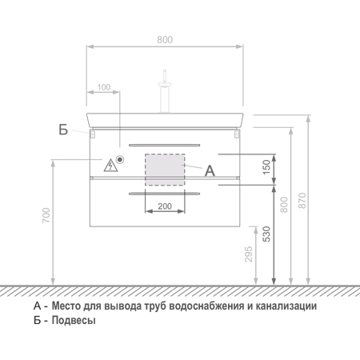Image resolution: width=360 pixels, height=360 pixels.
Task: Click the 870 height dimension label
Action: pyautogui.click(x=302, y=200)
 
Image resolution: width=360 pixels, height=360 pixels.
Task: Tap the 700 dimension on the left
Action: pyautogui.click(x=46, y=215)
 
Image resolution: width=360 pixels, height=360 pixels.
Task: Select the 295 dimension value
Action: pyautogui.click(x=249, y=254)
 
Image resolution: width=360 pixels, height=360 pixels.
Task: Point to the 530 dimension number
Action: pyautogui.click(x=266, y=234)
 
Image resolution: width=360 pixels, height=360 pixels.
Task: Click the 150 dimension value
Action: pyautogui.click(x=266, y=167)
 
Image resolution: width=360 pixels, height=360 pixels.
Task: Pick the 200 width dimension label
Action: pyautogui.click(x=165, y=206)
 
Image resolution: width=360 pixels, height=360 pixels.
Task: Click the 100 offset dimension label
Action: pyautogui.click(x=104, y=87)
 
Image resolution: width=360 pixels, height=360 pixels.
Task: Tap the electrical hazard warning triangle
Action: pyautogui.click(x=110, y=166)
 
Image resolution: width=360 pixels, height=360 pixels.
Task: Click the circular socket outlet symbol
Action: pyautogui.click(x=120, y=159)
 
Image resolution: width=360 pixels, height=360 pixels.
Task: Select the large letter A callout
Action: pyautogui.click(x=210, y=170)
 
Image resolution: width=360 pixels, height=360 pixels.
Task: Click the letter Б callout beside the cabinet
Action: pyautogui.click(x=63, y=130)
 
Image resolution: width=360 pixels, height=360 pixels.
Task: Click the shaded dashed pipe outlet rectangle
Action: pyautogui.click(x=165, y=170)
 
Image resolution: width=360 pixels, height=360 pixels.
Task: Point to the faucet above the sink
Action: pyautogui.click(x=165, y=91)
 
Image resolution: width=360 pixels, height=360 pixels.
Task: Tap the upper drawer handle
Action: pyautogui.click(x=164, y=145)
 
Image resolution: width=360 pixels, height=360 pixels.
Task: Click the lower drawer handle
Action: pyautogui.click(x=164, y=194)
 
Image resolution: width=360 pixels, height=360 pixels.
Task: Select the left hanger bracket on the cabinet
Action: pyautogui.click(x=92, y=134)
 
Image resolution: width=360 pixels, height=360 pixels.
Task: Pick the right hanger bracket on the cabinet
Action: pyautogui.click(x=237, y=134)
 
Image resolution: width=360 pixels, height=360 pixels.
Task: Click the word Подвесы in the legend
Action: pyautogui.click(x=74, y=320)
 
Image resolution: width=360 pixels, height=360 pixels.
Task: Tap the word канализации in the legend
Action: pyautogui.click(x=286, y=306)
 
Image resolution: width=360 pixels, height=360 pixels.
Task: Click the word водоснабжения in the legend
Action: pyautogui.click(x=206, y=306)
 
